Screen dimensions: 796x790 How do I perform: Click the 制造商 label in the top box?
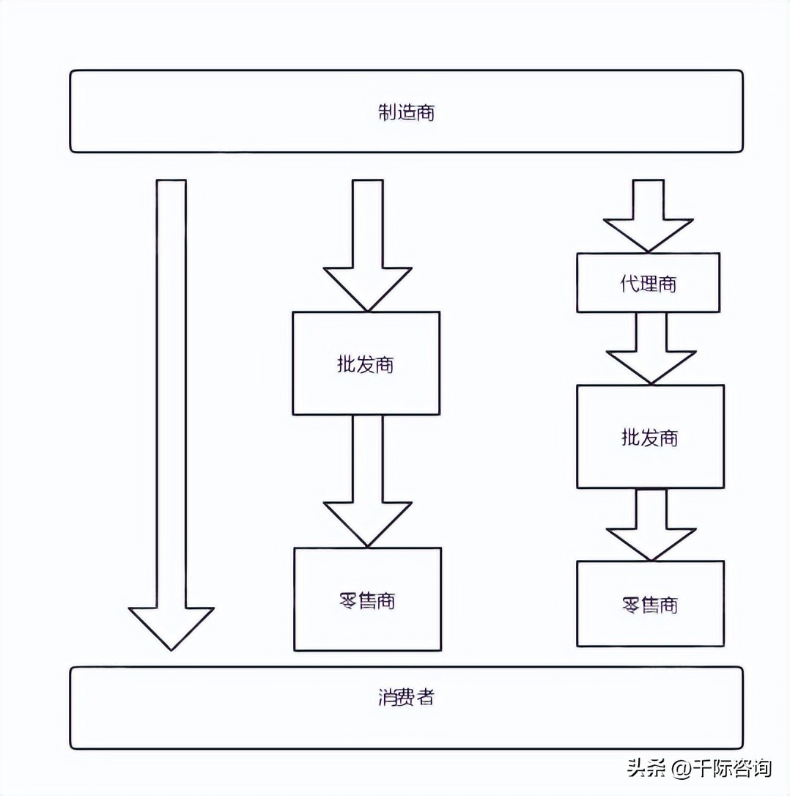coord(406,112)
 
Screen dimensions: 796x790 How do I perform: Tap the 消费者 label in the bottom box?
coord(406,697)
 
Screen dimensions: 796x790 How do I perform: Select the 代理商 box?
coord(648,283)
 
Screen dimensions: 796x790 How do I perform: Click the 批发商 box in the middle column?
coord(366,364)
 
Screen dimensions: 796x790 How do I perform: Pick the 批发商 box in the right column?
coord(650,437)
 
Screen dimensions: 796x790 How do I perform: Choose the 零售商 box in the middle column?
coord(367,600)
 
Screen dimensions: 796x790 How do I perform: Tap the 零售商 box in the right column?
coord(650,604)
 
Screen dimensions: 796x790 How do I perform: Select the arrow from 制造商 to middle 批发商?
coord(367,242)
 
